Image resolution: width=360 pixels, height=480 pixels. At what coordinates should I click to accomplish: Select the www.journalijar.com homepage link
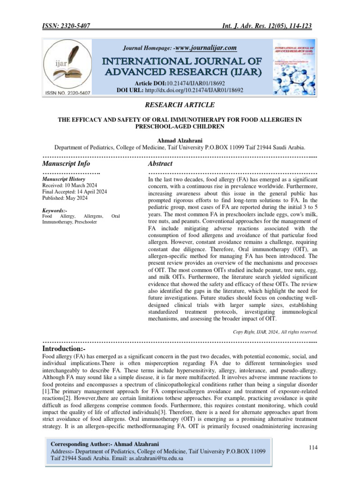click(x=205, y=48)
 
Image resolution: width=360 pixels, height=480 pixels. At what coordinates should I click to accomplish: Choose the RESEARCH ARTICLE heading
click(x=180, y=105)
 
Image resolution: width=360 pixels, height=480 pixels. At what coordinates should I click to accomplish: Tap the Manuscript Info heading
click(x=66, y=164)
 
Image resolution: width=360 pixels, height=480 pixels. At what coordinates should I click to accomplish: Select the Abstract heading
click(x=160, y=164)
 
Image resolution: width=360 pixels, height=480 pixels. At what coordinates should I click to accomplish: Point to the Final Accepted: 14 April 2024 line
click(x=74, y=191)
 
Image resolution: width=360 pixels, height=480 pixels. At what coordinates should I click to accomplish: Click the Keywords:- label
click(x=54, y=210)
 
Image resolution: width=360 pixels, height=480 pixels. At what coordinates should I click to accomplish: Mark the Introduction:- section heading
click(x=64, y=349)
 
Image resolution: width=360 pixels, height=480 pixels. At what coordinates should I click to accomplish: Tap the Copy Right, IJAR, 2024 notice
click(x=275, y=332)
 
